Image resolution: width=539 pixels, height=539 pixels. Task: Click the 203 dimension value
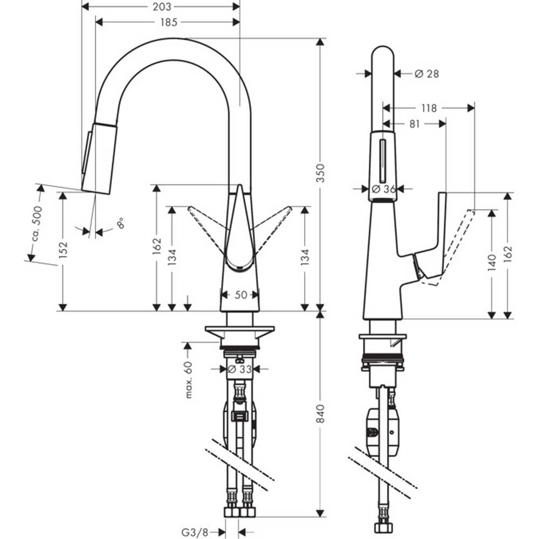162,6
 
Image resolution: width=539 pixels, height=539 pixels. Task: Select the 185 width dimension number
169,22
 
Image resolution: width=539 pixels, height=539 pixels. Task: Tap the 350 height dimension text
320,173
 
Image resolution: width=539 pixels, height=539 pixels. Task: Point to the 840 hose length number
320,414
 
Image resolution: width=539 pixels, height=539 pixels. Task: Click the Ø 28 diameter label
426,73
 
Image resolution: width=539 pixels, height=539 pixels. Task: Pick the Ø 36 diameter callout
384,189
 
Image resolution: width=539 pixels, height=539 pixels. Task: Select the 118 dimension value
429,108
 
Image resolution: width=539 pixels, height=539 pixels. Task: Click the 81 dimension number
414,124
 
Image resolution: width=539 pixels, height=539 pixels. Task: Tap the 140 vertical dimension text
492,263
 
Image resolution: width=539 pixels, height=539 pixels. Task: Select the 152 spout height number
63,250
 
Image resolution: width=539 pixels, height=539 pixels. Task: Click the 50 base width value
240,295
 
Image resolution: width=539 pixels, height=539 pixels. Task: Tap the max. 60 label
189,379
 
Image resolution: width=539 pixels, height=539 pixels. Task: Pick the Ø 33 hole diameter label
240,369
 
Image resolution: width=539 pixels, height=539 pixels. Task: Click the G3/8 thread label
195,533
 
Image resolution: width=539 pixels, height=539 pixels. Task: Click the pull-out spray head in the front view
99,158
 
